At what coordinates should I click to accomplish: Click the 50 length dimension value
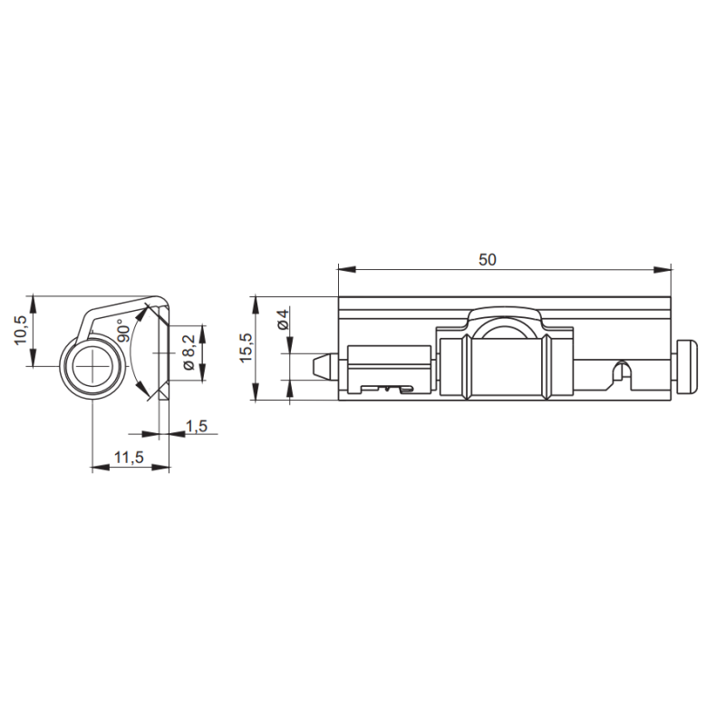[488, 260]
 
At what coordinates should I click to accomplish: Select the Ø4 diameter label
[283, 319]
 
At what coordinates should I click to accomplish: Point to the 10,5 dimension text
[21, 330]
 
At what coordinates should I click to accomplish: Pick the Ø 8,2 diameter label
[189, 353]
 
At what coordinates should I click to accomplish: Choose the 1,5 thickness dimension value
[197, 426]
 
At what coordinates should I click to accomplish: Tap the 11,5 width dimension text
[129, 458]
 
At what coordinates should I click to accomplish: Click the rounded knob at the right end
[687, 367]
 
